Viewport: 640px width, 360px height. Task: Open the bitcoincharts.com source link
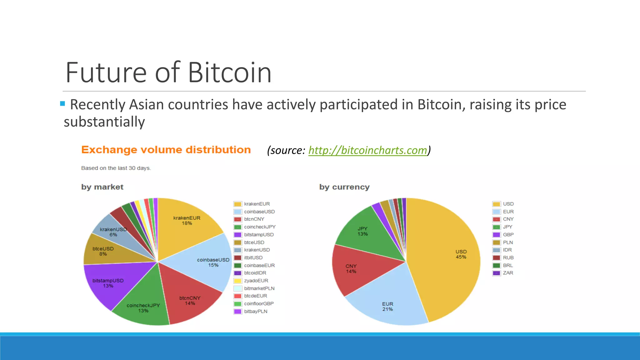[x=367, y=150]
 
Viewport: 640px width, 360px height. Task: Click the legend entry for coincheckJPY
[x=259, y=227]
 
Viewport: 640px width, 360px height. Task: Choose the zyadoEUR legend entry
[x=256, y=281]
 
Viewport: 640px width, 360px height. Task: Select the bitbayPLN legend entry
[x=255, y=311]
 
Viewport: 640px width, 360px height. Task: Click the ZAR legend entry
[x=508, y=273]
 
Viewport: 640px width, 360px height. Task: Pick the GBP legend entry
[x=508, y=235]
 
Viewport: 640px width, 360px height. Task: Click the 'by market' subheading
[x=102, y=187]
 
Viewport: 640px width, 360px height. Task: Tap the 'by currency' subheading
[x=344, y=187]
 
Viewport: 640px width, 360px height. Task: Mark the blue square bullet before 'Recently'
[x=62, y=103]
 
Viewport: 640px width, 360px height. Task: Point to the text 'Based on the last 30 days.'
[x=116, y=168]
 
